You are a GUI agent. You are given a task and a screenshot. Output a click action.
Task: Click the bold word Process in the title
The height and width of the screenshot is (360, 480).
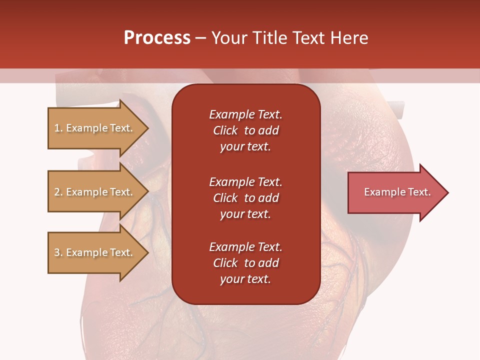pos(157,38)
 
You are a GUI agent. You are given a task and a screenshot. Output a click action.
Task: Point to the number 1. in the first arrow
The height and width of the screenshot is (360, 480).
pos(58,128)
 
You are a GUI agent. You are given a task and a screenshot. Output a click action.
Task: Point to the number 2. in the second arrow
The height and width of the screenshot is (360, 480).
pos(58,192)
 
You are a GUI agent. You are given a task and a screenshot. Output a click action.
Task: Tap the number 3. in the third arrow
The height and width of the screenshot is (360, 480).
pos(58,252)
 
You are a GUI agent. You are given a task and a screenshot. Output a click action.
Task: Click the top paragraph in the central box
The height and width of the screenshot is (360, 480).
pos(245,130)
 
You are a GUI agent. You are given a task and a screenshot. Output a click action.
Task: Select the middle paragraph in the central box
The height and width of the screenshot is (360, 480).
pos(245,198)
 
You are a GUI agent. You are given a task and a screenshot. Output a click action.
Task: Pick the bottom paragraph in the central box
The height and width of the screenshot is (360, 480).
pos(245,263)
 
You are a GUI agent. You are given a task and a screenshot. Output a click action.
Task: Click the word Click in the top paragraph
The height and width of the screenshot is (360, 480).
pos(225,130)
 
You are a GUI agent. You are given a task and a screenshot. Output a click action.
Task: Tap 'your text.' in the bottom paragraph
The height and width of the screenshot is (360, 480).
pos(245,279)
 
